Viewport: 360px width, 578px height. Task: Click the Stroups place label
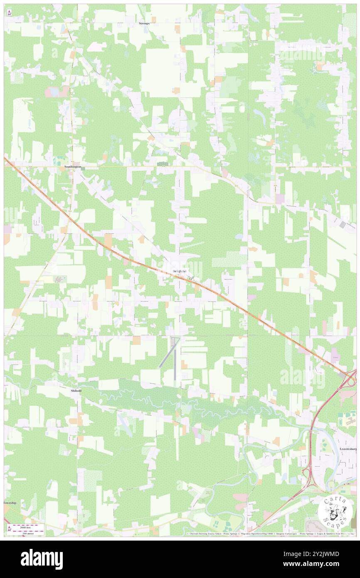pos(144,24)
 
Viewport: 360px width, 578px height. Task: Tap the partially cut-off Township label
pos(10,503)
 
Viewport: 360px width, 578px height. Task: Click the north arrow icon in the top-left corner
pos(9,13)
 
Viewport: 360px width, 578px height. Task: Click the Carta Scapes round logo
pos(335,510)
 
